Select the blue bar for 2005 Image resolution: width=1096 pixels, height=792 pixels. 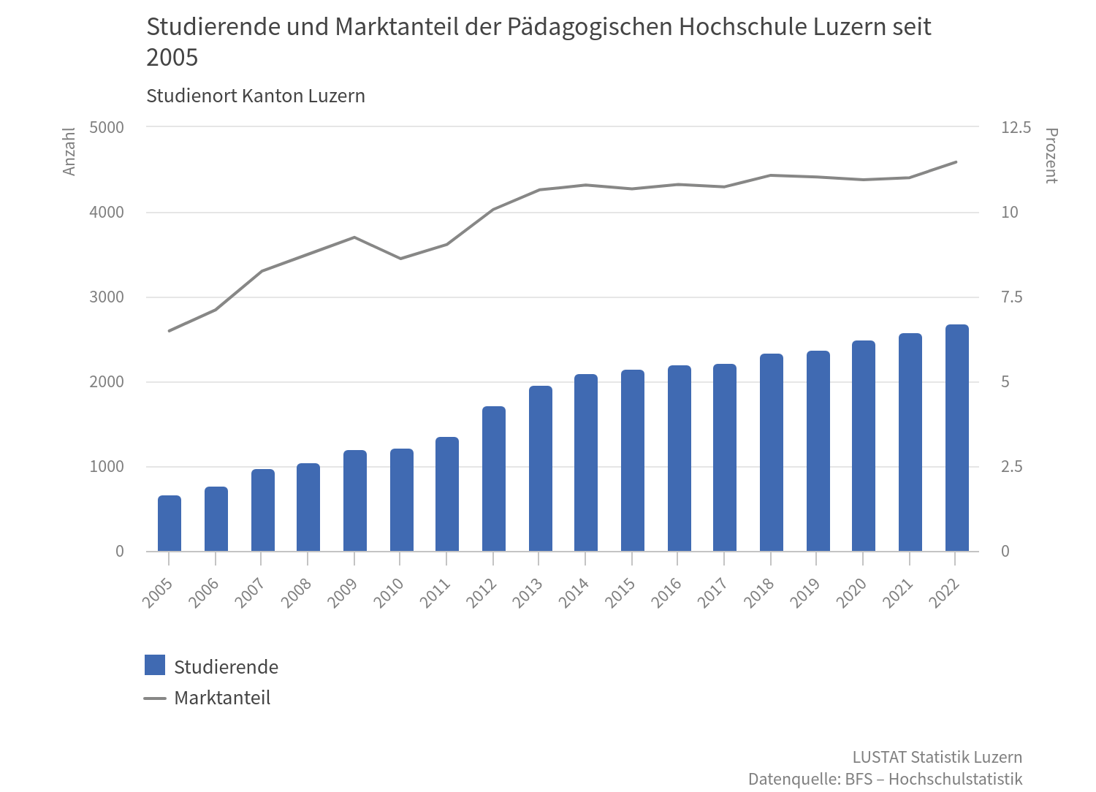[170, 524]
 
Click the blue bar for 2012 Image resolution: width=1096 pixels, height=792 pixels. [493, 479]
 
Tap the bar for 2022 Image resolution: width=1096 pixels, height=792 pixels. [956, 438]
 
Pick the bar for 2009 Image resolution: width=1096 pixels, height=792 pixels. [354, 501]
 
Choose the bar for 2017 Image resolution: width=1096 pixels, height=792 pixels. [725, 458]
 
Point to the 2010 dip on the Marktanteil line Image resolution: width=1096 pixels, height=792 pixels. [400, 259]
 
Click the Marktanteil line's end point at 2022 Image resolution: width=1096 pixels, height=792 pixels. [956, 162]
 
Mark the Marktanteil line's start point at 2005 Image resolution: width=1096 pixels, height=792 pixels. [170, 331]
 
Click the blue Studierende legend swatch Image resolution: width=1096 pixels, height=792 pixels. [155, 666]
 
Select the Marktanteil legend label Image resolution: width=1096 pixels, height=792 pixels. [222, 698]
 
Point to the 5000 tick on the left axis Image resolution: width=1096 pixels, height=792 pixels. [107, 127]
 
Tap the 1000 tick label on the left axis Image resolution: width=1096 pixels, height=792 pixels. [107, 467]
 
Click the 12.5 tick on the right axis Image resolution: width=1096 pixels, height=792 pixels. [1016, 127]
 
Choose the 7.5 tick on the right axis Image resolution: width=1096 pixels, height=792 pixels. [1012, 297]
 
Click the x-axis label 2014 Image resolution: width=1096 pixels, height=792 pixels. [575, 593]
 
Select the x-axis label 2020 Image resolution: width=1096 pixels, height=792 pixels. [853, 593]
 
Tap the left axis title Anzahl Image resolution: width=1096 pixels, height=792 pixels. [69, 152]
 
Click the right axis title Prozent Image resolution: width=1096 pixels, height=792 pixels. [1051, 156]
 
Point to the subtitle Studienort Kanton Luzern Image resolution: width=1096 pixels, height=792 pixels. [256, 96]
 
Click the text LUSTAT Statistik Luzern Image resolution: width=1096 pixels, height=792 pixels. [937, 756]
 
